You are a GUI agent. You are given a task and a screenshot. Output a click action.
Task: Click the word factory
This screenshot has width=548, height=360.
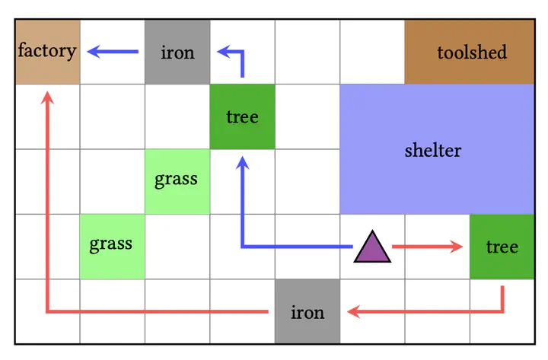47,51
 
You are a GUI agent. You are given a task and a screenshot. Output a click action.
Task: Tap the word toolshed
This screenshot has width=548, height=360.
472,53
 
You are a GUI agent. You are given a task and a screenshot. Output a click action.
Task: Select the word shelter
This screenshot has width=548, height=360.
433,151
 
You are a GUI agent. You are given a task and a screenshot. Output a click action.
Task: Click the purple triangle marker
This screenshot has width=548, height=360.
372,247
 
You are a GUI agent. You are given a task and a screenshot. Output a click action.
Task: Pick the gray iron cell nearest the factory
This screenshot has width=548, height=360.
177,52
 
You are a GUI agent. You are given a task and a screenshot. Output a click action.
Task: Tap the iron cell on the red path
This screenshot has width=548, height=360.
307,311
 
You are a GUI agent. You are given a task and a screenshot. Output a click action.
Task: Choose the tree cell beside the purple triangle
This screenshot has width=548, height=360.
502,247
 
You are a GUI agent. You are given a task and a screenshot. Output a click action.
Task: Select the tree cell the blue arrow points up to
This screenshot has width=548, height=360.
242,116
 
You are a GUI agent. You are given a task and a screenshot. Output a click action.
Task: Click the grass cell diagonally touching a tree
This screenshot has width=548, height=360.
177,181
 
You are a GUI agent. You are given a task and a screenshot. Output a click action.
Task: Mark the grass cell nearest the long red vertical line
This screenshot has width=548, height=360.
113,247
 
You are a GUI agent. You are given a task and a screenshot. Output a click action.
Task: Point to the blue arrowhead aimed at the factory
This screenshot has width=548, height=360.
94,52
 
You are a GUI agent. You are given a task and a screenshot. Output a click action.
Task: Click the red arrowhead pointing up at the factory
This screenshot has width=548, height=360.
47,97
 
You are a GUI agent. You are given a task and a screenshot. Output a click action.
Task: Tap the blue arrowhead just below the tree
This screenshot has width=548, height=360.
242,163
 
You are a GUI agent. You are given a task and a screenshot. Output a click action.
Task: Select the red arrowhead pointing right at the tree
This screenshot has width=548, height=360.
457,247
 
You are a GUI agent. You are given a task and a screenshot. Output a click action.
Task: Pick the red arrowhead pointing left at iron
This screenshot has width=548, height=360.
354,311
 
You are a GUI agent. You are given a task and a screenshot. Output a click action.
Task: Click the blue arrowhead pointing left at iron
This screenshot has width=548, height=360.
224,52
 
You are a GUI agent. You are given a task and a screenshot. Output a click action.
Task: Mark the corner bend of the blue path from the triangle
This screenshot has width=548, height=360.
242,247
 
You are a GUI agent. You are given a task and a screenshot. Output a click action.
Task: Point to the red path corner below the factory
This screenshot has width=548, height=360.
47,311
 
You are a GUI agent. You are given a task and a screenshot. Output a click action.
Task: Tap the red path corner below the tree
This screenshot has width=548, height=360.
502,311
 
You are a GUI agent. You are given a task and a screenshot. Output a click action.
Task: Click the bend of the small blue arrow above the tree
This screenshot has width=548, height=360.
242,52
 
